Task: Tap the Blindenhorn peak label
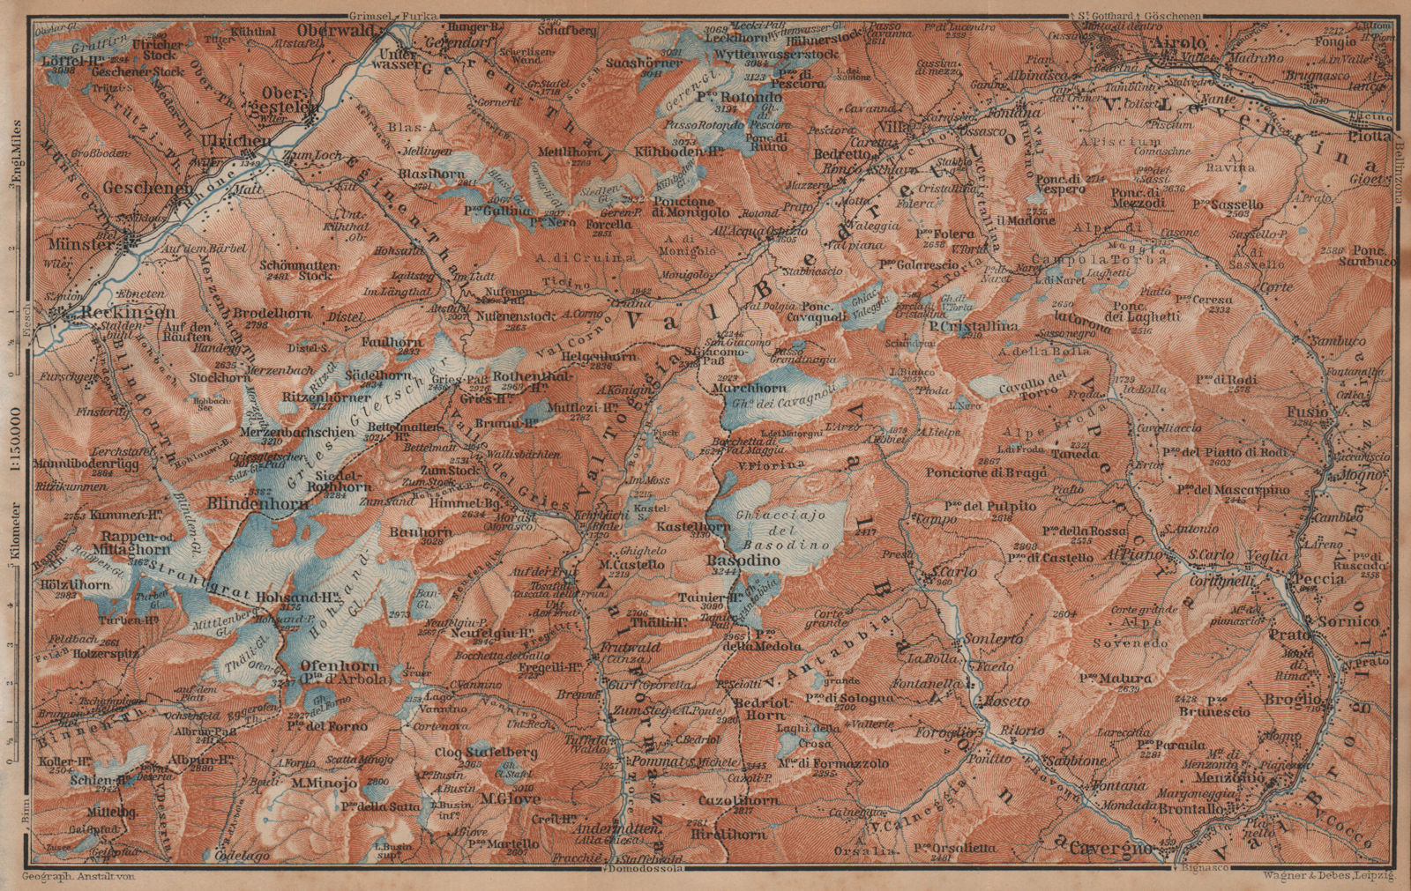[258, 504]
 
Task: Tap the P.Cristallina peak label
[973, 326]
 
